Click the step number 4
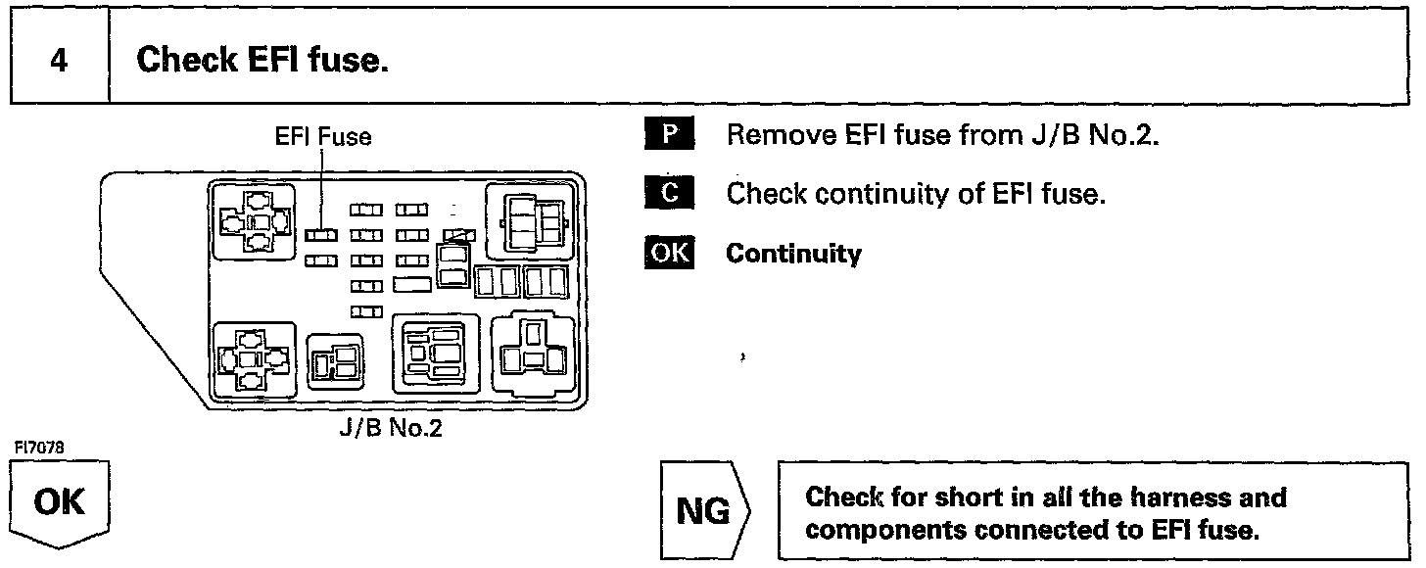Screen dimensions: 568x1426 [x=59, y=61]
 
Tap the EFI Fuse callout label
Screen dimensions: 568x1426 [x=323, y=137]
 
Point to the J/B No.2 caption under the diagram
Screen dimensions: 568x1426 [x=390, y=429]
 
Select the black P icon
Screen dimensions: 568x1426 [x=669, y=135]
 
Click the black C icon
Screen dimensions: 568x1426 [x=669, y=194]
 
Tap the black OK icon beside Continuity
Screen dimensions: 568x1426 [x=669, y=254]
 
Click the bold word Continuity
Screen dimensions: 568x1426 [x=793, y=254]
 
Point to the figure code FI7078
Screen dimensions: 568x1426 [x=39, y=448]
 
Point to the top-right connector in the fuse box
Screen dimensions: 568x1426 [x=532, y=220]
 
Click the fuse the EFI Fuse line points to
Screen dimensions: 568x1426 [x=321, y=235]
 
